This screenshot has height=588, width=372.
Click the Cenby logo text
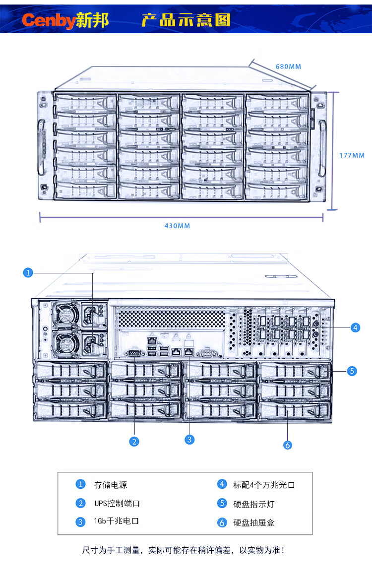click(48, 20)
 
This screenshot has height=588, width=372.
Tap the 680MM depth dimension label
click(288, 66)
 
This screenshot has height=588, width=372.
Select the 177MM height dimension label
click(352, 155)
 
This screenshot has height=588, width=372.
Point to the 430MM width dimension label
click(177, 226)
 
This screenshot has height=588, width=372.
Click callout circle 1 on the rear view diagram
click(28, 272)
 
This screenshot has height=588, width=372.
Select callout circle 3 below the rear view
click(189, 439)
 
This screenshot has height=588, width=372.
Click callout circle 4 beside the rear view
click(355, 327)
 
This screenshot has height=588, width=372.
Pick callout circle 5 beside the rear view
click(352, 370)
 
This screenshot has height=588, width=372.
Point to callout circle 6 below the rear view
click(288, 445)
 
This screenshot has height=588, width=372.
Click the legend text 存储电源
click(107, 485)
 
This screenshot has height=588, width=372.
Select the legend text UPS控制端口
click(117, 503)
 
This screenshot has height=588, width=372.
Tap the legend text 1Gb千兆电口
click(116, 522)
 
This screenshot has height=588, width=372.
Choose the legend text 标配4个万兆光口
click(264, 485)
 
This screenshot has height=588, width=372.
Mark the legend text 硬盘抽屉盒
click(253, 523)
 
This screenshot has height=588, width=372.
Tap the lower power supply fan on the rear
click(65, 343)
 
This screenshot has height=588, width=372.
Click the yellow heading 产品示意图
click(186, 20)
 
